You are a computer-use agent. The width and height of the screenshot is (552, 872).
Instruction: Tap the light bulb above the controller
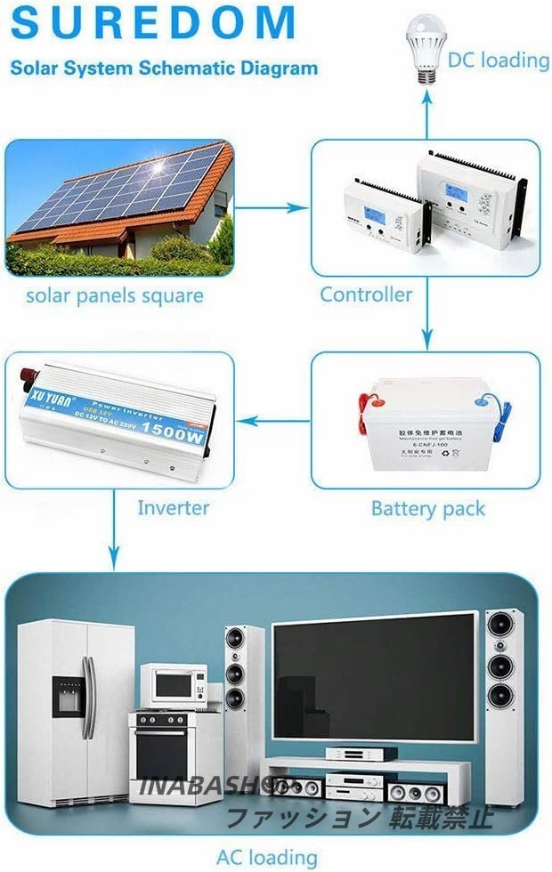click(x=425, y=43)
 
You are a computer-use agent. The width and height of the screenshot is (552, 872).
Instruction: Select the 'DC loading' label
click(x=498, y=60)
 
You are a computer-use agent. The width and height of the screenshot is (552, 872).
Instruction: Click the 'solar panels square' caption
click(x=114, y=295)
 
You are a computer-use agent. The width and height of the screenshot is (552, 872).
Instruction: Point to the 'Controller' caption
click(x=366, y=295)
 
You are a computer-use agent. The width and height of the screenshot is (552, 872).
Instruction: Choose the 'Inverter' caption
click(x=173, y=508)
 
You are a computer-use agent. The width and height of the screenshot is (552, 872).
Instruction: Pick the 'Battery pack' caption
click(x=427, y=509)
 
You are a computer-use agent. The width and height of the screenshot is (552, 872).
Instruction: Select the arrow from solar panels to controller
click(x=271, y=208)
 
